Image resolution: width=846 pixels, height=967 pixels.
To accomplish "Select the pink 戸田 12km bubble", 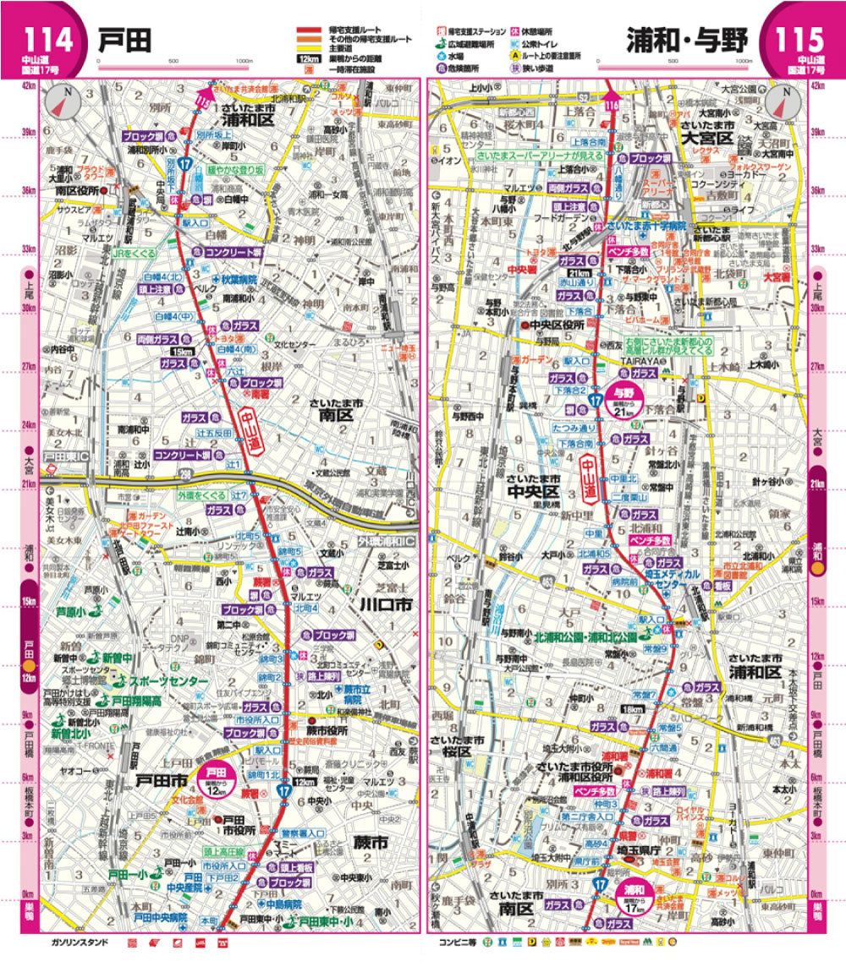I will coord(217,777).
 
